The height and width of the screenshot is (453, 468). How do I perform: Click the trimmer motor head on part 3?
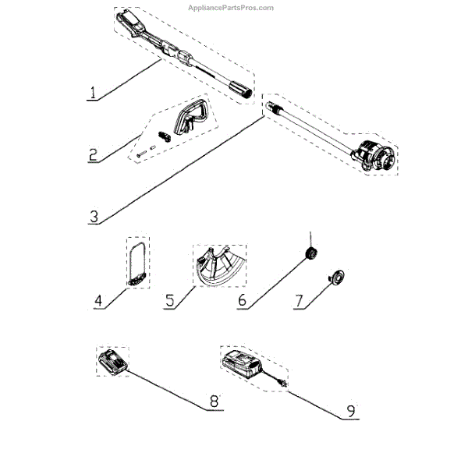click(x=378, y=155)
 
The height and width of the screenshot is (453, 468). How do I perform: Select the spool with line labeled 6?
click(x=310, y=253)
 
